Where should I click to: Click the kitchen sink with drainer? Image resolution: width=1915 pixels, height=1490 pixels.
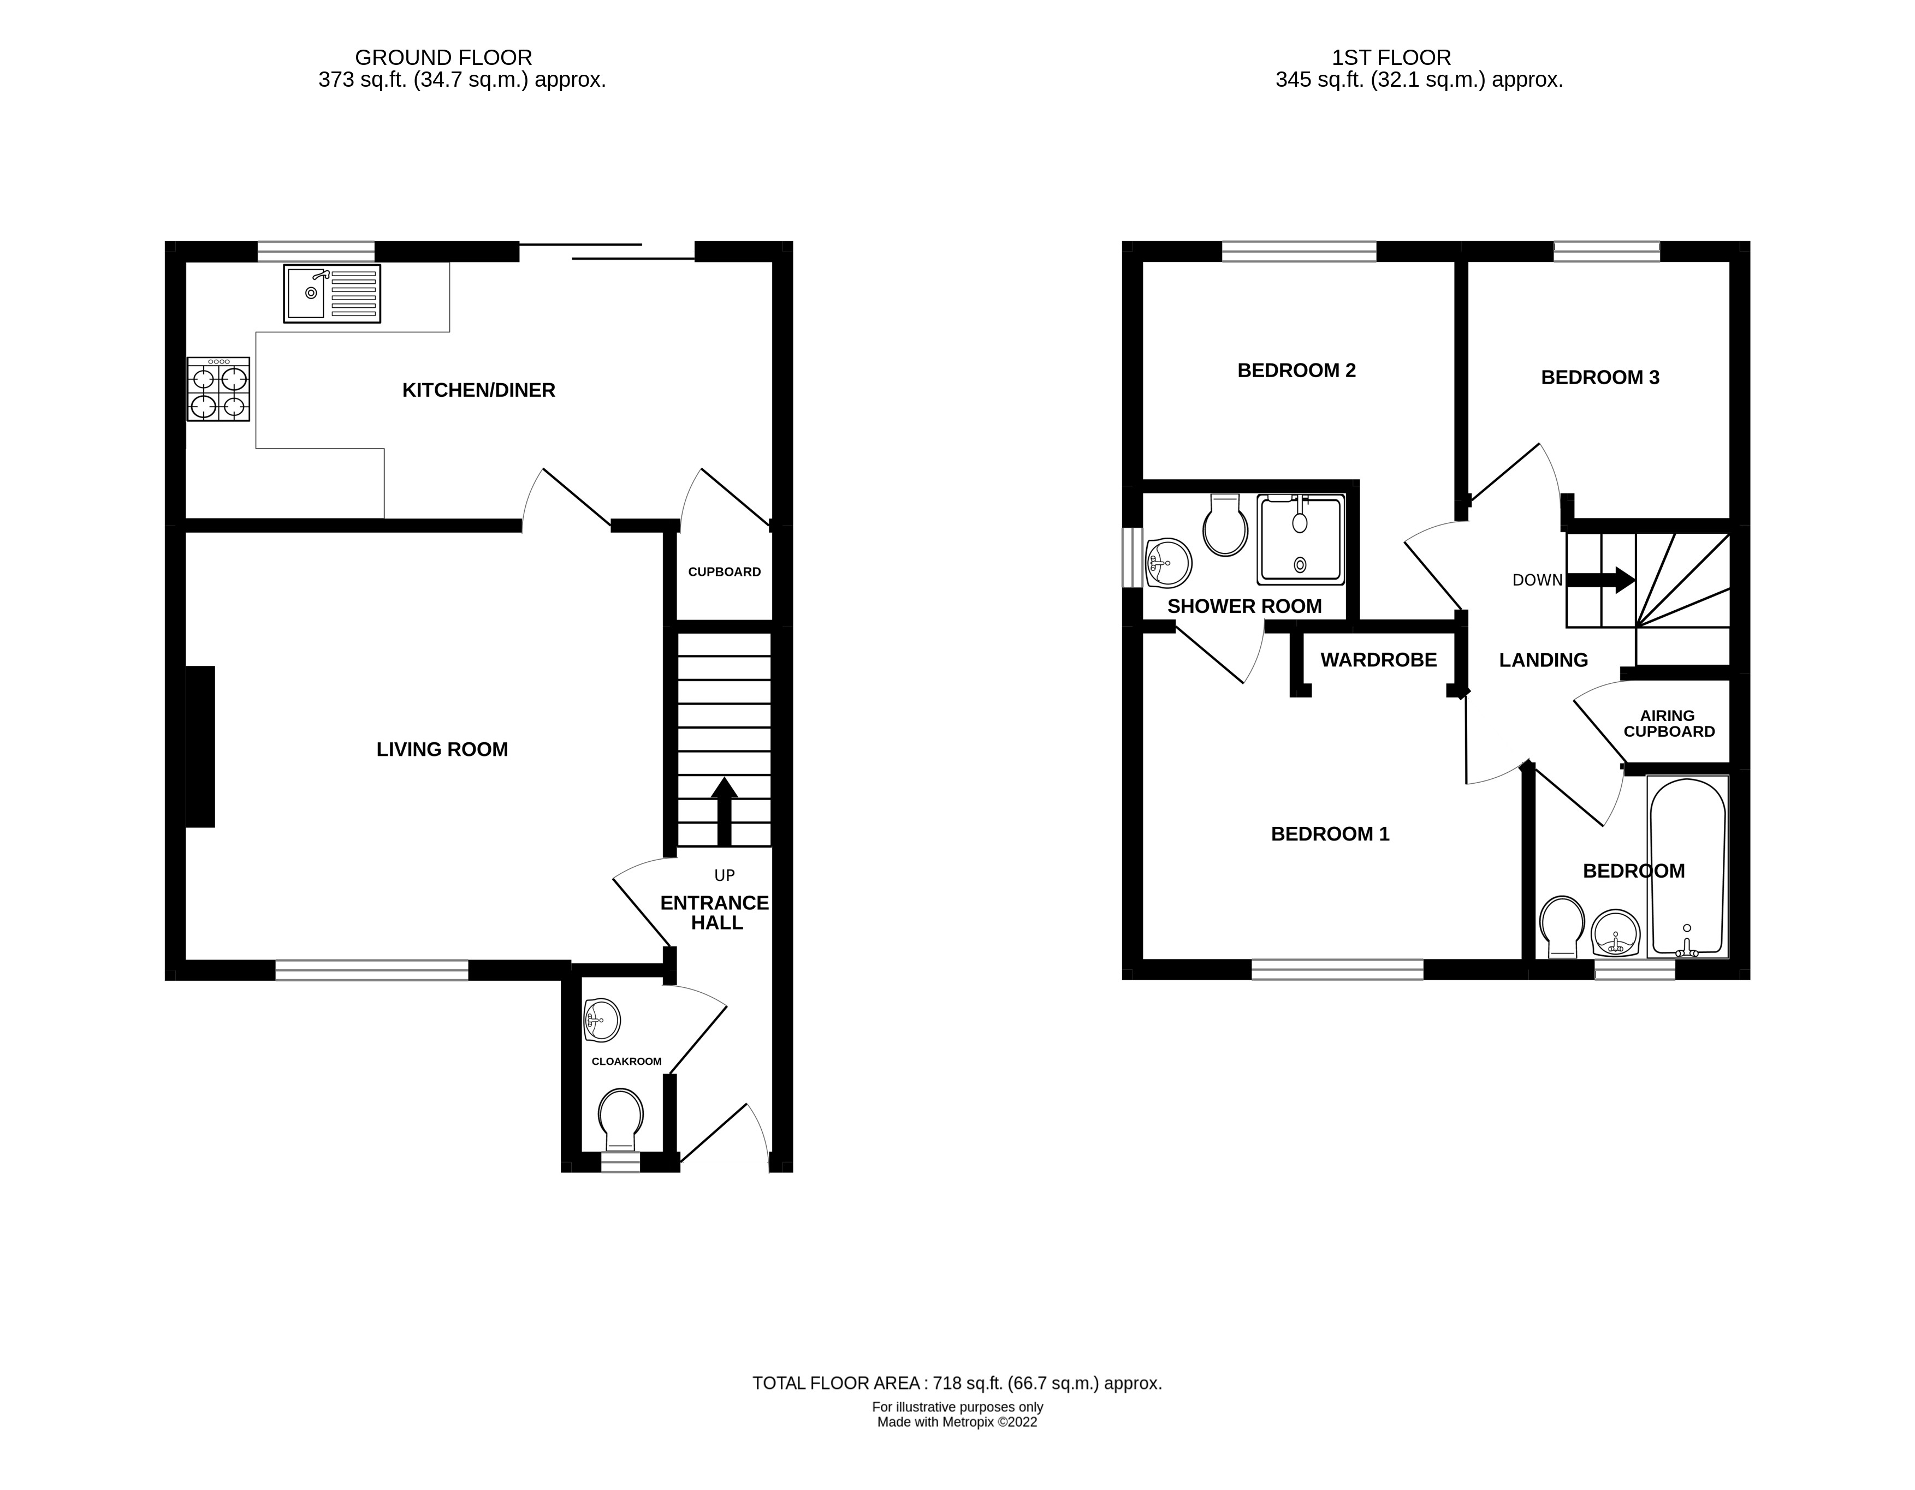click(331, 294)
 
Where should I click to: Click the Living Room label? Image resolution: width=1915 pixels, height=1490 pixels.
click(442, 749)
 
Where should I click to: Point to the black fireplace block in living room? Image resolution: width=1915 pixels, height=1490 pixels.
click(201, 746)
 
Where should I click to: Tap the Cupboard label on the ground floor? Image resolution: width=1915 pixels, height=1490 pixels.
click(724, 571)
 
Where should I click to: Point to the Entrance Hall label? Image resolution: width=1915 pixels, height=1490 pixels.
click(715, 913)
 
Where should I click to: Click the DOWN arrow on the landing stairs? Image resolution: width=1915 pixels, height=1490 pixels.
click(1599, 579)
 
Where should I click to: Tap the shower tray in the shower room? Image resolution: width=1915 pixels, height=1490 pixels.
click(1300, 540)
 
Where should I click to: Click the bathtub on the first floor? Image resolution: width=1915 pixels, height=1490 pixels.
click(1688, 866)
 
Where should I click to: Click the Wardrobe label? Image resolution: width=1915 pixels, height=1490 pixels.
click(1378, 660)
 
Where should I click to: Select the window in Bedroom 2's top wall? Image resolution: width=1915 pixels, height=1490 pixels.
click(1299, 252)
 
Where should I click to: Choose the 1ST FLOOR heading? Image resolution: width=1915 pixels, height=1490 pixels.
click(1391, 58)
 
